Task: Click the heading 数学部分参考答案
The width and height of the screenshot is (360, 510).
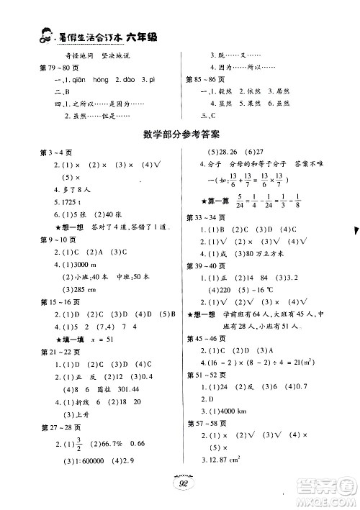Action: click(x=181, y=134)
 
